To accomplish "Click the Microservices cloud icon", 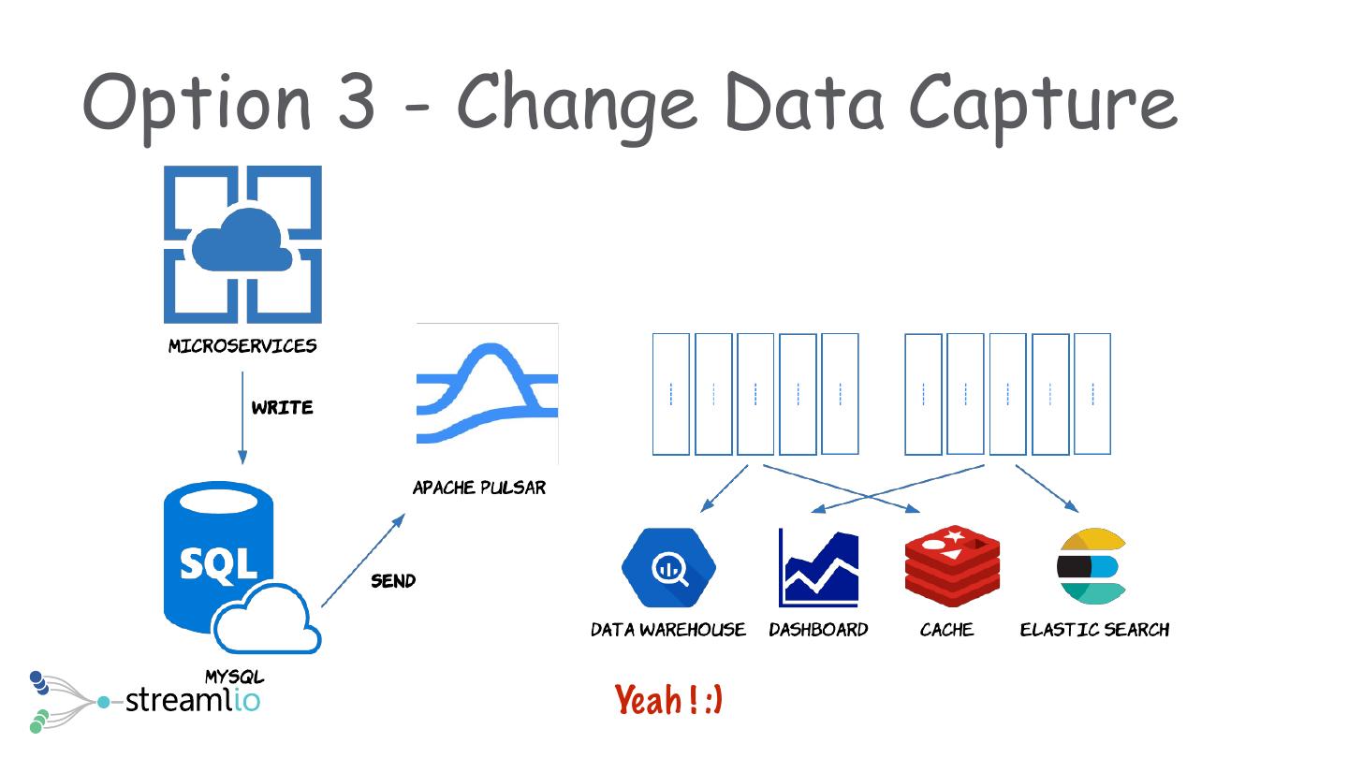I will pyautogui.click(x=242, y=244).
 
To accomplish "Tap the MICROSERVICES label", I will pyautogui.click(x=242, y=346).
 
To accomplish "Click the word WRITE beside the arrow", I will pyautogui.click(x=282, y=408).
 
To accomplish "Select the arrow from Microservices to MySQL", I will pyautogui.click(x=242, y=417).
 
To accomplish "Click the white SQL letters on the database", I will pyautogui.click(x=218, y=563).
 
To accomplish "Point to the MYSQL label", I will pyautogui.click(x=234, y=677).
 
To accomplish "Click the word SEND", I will pyautogui.click(x=393, y=581).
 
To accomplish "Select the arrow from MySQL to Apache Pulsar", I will pyautogui.click(x=363, y=559).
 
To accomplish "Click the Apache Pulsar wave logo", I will pyautogui.click(x=487, y=393).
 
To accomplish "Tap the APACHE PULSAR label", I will pyautogui.click(x=479, y=488).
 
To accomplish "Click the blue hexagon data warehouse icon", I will pyautogui.click(x=668, y=568).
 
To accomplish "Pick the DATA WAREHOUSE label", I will pyautogui.click(x=668, y=630).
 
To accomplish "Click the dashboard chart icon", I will pyautogui.click(x=818, y=568).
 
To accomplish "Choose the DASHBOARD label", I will pyautogui.click(x=818, y=630).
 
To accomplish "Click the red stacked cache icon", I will pyautogui.click(x=952, y=566).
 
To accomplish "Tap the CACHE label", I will pyautogui.click(x=946, y=630).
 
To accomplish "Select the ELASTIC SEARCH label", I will pyautogui.click(x=1094, y=630).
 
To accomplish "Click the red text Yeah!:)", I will pyautogui.click(x=668, y=700).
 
